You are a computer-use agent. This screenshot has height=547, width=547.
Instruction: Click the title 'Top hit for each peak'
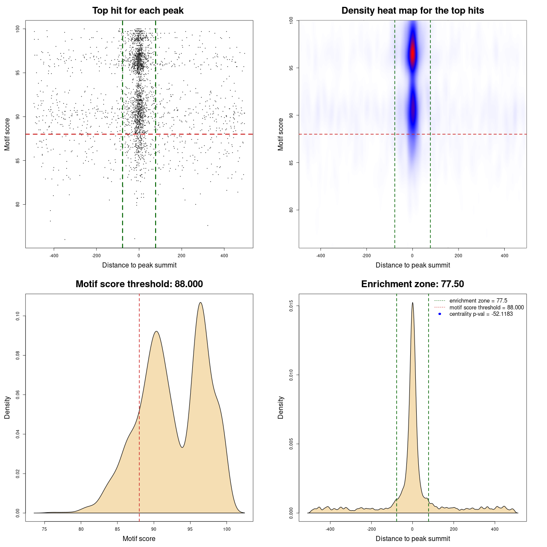[x=138, y=11]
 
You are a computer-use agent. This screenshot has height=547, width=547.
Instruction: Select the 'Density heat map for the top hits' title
[x=412, y=11]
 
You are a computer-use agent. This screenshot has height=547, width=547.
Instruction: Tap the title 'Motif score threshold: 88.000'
[x=139, y=284]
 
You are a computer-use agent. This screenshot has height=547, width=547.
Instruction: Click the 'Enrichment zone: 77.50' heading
[x=412, y=284]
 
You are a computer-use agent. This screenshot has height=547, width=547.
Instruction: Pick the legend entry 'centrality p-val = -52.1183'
[x=481, y=314]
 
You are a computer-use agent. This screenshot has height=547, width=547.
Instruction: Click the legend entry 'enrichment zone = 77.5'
[x=478, y=301]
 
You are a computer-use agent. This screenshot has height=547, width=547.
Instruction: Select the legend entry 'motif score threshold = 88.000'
[x=486, y=308]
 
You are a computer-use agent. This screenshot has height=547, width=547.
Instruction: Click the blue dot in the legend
[x=440, y=314]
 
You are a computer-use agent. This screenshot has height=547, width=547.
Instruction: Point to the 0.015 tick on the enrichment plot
[x=291, y=306]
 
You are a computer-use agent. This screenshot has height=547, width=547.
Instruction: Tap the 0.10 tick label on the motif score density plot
[x=18, y=316]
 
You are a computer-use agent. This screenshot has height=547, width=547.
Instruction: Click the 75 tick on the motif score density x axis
[x=44, y=529]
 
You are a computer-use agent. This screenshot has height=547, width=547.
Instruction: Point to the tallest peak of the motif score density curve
[x=200, y=303]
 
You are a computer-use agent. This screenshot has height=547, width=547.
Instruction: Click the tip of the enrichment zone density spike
[x=412, y=303]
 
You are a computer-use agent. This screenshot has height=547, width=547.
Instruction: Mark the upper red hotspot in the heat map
[x=412, y=53]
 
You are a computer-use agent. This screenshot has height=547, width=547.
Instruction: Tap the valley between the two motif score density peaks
[x=182, y=447]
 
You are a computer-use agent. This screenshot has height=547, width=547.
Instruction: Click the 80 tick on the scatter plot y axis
[x=18, y=204]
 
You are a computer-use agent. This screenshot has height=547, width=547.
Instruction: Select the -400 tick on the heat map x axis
[x=321, y=256]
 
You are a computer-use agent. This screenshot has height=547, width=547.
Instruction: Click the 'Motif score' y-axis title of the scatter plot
[x=7, y=134]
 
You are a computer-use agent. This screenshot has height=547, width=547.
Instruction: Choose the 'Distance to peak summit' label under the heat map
[x=412, y=265]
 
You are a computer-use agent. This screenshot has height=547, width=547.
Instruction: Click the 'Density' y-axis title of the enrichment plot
[x=281, y=407]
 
